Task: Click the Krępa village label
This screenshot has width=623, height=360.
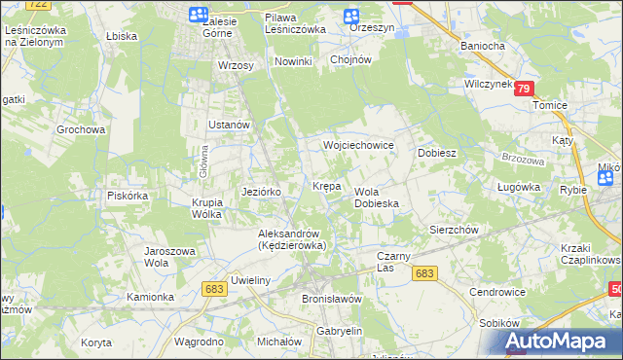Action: click(326, 185)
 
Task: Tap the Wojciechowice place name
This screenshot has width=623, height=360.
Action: click(358, 145)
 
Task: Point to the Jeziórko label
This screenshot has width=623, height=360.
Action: click(261, 192)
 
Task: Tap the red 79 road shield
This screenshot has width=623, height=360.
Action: click(525, 89)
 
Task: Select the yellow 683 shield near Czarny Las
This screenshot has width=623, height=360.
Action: click(423, 274)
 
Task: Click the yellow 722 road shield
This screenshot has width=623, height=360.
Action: click(38, 4)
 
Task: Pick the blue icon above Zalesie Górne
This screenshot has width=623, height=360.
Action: click(198, 15)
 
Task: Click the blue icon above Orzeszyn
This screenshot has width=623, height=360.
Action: click(351, 15)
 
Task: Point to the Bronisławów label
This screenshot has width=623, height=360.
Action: click(332, 299)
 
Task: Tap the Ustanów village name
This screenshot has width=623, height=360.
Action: click(231, 126)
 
